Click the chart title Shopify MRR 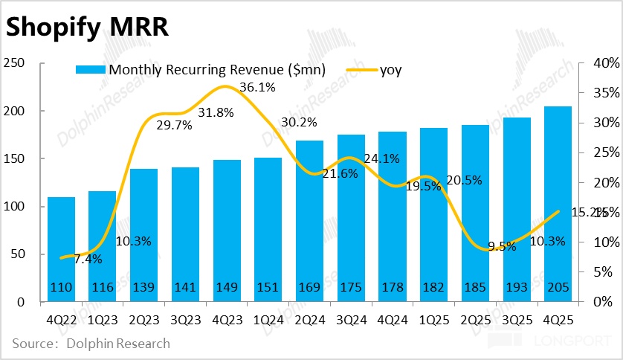(x=87, y=28)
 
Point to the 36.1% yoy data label (x=257, y=88)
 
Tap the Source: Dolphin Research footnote (x=91, y=344)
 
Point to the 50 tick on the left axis (x=18, y=254)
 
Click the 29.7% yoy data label (x=175, y=126)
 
